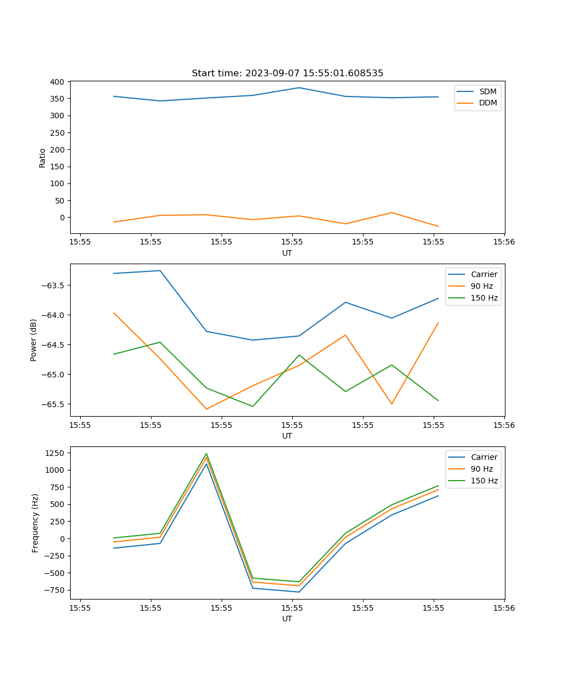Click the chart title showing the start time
point(287,73)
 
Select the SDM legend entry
point(488,91)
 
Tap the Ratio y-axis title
point(43,158)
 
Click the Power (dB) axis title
point(34,340)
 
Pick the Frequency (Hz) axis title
point(35,523)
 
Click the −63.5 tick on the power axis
point(54,285)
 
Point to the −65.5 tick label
point(54,404)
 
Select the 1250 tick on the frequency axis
point(57,453)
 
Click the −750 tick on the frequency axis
point(56,591)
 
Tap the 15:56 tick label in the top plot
point(504,242)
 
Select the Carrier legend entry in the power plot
point(484,274)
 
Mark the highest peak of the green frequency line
point(206,454)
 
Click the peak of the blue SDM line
point(299,87)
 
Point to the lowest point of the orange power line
point(206,409)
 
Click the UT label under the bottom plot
point(287,619)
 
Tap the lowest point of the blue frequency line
point(299,592)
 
